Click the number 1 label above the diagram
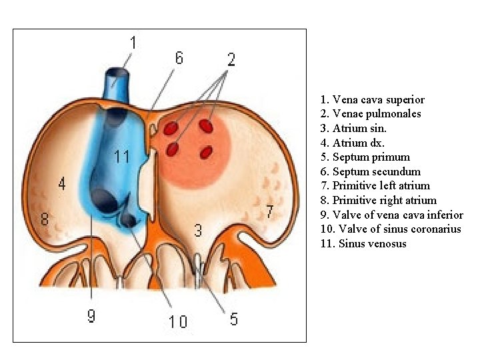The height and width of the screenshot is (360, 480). click(133, 43)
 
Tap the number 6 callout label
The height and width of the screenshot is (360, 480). click(179, 58)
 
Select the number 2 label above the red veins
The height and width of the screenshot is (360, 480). click(231, 59)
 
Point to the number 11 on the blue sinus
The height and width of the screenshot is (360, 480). click(121, 157)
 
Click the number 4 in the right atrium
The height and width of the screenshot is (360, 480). click(62, 183)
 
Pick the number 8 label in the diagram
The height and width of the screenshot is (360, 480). click(45, 218)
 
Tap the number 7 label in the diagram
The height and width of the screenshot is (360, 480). click(269, 212)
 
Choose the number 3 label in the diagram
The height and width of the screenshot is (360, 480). click(198, 231)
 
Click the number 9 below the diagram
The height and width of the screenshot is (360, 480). click(91, 315)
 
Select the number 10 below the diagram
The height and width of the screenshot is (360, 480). click(177, 322)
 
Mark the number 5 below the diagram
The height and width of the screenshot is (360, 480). click(233, 319)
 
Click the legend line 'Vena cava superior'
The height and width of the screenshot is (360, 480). click(372, 99)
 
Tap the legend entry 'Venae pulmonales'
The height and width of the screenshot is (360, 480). click(370, 113)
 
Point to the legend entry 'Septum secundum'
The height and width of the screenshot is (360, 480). click(370, 171)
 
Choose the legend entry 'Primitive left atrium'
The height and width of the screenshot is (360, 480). click(375, 185)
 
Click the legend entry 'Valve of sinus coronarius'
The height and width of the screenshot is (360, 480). click(391, 229)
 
